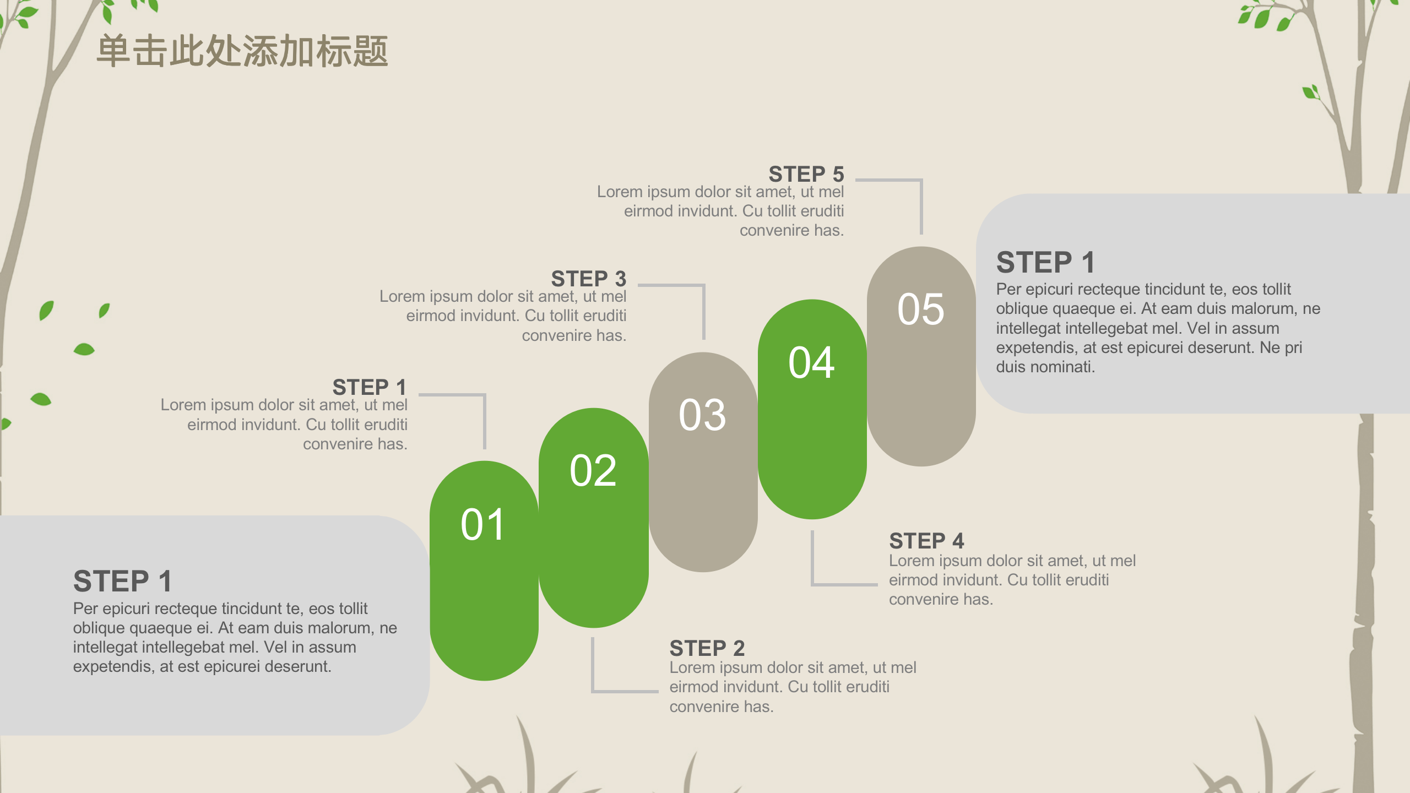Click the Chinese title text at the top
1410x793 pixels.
[x=242, y=51]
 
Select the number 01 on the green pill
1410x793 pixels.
[x=482, y=525]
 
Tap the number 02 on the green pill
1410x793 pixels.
[x=593, y=471]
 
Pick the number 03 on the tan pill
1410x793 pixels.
[x=702, y=415]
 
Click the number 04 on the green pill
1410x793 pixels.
[x=811, y=363]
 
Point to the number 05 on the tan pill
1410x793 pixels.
[x=920, y=309]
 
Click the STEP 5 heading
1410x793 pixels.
[x=806, y=174]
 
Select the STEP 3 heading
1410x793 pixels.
[x=588, y=279]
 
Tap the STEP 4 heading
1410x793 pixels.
[x=926, y=541]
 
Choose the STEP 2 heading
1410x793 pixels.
[x=707, y=648]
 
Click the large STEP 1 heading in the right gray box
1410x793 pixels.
[x=1045, y=262]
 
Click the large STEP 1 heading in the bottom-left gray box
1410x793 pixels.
[x=122, y=581]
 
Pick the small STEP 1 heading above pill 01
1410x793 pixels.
[x=369, y=387]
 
